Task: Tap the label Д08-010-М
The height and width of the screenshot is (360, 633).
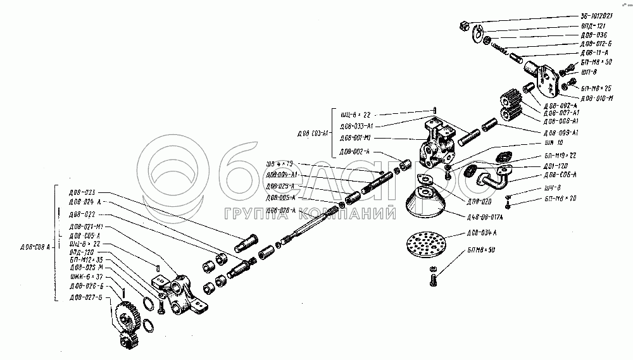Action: click(x=596, y=98)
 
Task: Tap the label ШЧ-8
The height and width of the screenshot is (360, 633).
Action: click(x=552, y=188)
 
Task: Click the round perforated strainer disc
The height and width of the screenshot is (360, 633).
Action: click(x=425, y=247)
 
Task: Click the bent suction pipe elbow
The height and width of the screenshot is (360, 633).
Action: click(x=494, y=177)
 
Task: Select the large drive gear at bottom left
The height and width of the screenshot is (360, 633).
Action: click(x=129, y=317)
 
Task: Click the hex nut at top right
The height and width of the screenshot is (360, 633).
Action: click(x=464, y=25)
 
